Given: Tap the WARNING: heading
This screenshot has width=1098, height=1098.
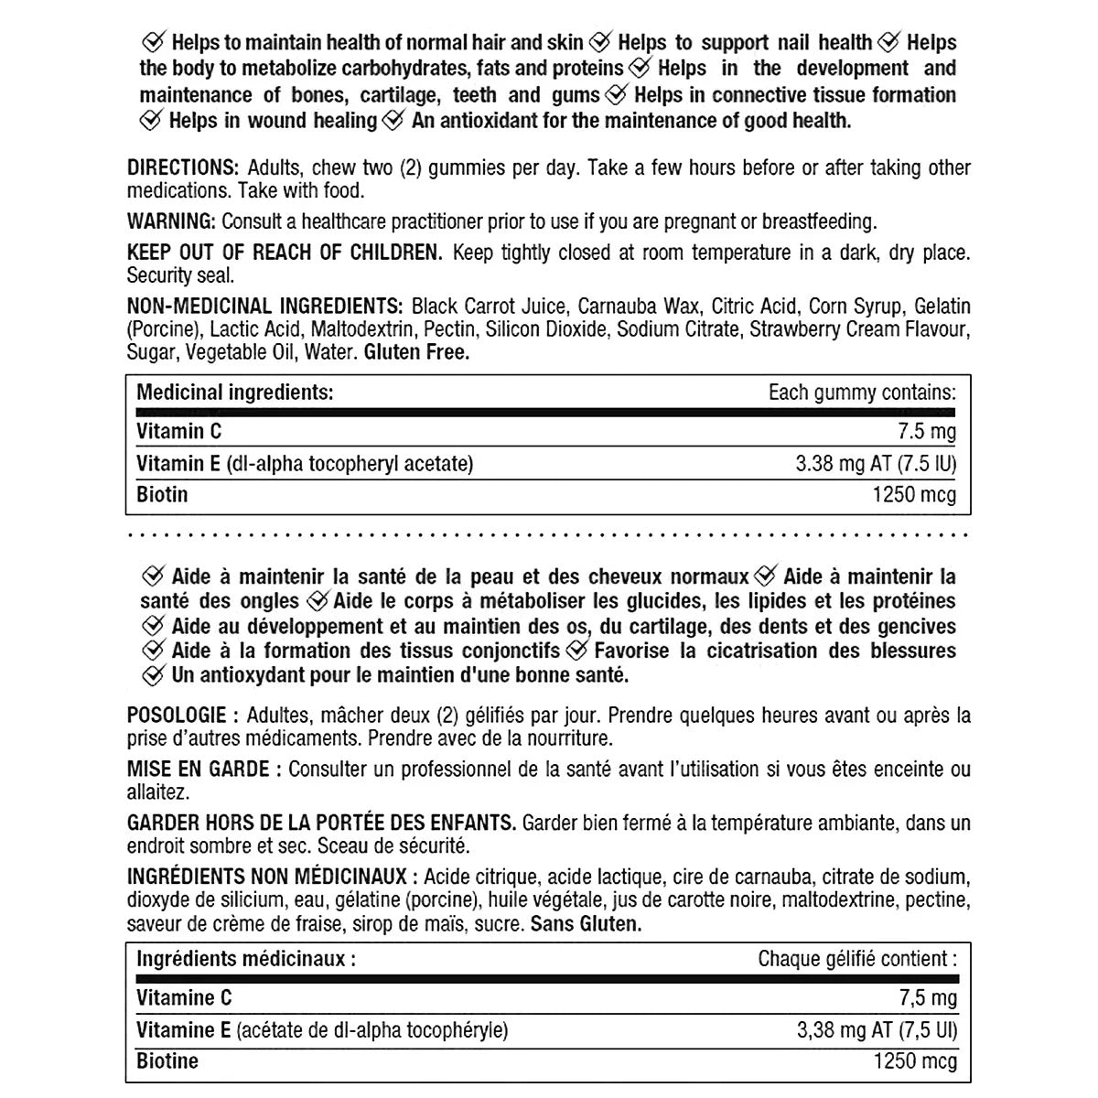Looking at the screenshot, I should (172, 221).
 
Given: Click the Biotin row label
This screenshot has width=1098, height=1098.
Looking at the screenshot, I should (162, 495).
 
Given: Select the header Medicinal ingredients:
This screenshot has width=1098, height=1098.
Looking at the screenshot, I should (234, 393).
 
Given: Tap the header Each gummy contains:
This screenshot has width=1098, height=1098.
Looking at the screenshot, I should (862, 393).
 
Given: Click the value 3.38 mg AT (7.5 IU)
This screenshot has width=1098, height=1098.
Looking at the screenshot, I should (876, 464).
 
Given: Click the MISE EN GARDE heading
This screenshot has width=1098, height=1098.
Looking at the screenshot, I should (198, 770).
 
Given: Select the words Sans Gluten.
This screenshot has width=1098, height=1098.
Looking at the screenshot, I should (586, 924).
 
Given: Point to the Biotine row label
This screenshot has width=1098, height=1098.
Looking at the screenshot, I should (167, 1061).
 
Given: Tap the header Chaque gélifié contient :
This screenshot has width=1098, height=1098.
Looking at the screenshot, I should (857, 959).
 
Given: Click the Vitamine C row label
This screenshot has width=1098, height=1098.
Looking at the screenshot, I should (184, 998).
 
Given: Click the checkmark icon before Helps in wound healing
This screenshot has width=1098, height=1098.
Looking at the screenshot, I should (152, 121).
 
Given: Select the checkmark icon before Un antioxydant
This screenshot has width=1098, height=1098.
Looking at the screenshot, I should (153, 676).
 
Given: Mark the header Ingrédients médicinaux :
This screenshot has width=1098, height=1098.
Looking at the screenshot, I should (245, 959).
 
